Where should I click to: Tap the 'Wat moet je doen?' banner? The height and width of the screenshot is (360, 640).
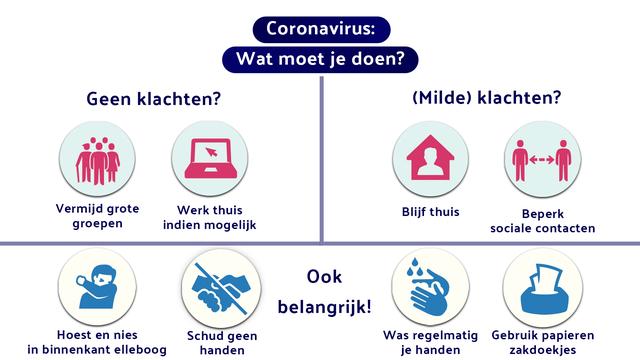coord(320,59)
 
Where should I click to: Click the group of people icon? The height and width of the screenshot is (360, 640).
coord(97,160)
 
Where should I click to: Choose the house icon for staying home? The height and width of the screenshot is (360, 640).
coord(430,160)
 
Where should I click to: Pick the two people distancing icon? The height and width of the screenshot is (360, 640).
coord(542,160)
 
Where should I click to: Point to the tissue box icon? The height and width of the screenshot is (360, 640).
coord(542,285)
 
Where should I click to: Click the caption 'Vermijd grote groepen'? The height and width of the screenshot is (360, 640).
coord(97,217)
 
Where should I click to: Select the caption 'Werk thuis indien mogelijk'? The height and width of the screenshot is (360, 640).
coord(210,217)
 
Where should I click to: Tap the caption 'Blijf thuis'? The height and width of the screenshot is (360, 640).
coord(430,211)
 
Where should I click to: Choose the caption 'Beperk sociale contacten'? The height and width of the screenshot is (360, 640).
coord(543,220)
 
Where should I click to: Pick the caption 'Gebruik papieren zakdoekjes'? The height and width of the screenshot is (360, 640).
coord(543,343)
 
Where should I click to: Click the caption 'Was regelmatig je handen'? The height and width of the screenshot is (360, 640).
coord(429,343)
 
